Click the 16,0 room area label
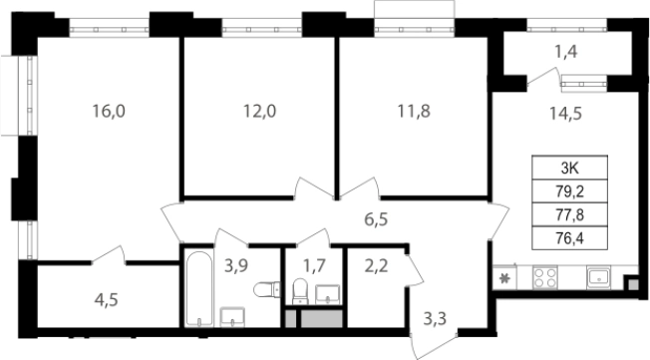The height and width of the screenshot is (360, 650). (109, 111)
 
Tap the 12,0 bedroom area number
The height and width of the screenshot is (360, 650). (260, 111)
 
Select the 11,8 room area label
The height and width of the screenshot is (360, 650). (414, 111)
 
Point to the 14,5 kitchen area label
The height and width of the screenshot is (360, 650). (566, 113)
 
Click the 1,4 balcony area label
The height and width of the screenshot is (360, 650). (566, 52)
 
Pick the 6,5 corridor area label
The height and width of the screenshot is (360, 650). (377, 219)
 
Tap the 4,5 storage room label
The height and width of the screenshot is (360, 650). (106, 299)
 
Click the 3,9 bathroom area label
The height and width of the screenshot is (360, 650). (236, 265)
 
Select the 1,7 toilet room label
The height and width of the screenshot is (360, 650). (314, 266)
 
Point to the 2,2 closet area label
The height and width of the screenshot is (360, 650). (377, 265)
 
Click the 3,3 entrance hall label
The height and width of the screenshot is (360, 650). (435, 318)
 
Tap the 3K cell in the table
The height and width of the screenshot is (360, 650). (569, 168)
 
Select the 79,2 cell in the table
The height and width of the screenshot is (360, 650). (569, 191)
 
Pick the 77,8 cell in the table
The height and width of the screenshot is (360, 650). (569, 214)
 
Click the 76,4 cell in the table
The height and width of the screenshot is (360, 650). (569, 238)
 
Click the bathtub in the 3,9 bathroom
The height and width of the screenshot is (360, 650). (199, 288)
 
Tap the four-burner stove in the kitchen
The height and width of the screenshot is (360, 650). (545, 277)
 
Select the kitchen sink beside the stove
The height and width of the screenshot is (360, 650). (598, 277)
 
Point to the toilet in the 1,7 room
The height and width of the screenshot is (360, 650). (300, 291)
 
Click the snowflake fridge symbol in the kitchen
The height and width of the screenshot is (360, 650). (504, 278)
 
